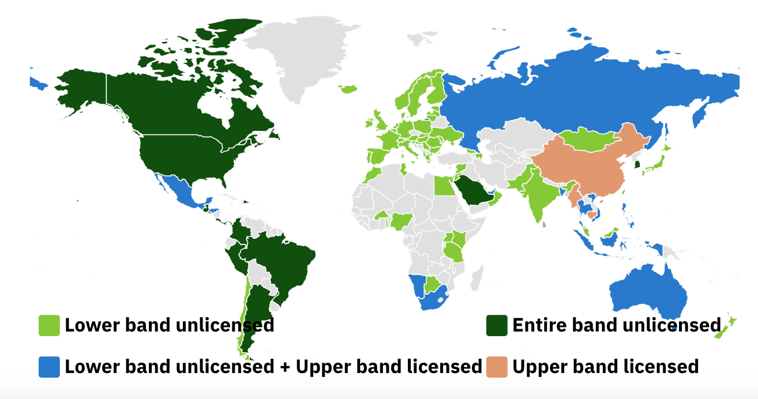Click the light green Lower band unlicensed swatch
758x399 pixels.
click(49, 325)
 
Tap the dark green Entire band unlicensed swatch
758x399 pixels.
click(497, 325)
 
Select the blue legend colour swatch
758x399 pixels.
click(49, 367)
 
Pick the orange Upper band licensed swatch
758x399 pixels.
click(497, 367)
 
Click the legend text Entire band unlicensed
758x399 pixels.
click(616, 325)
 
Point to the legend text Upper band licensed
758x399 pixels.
click(605, 367)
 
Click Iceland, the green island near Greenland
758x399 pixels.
click(348, 89)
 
